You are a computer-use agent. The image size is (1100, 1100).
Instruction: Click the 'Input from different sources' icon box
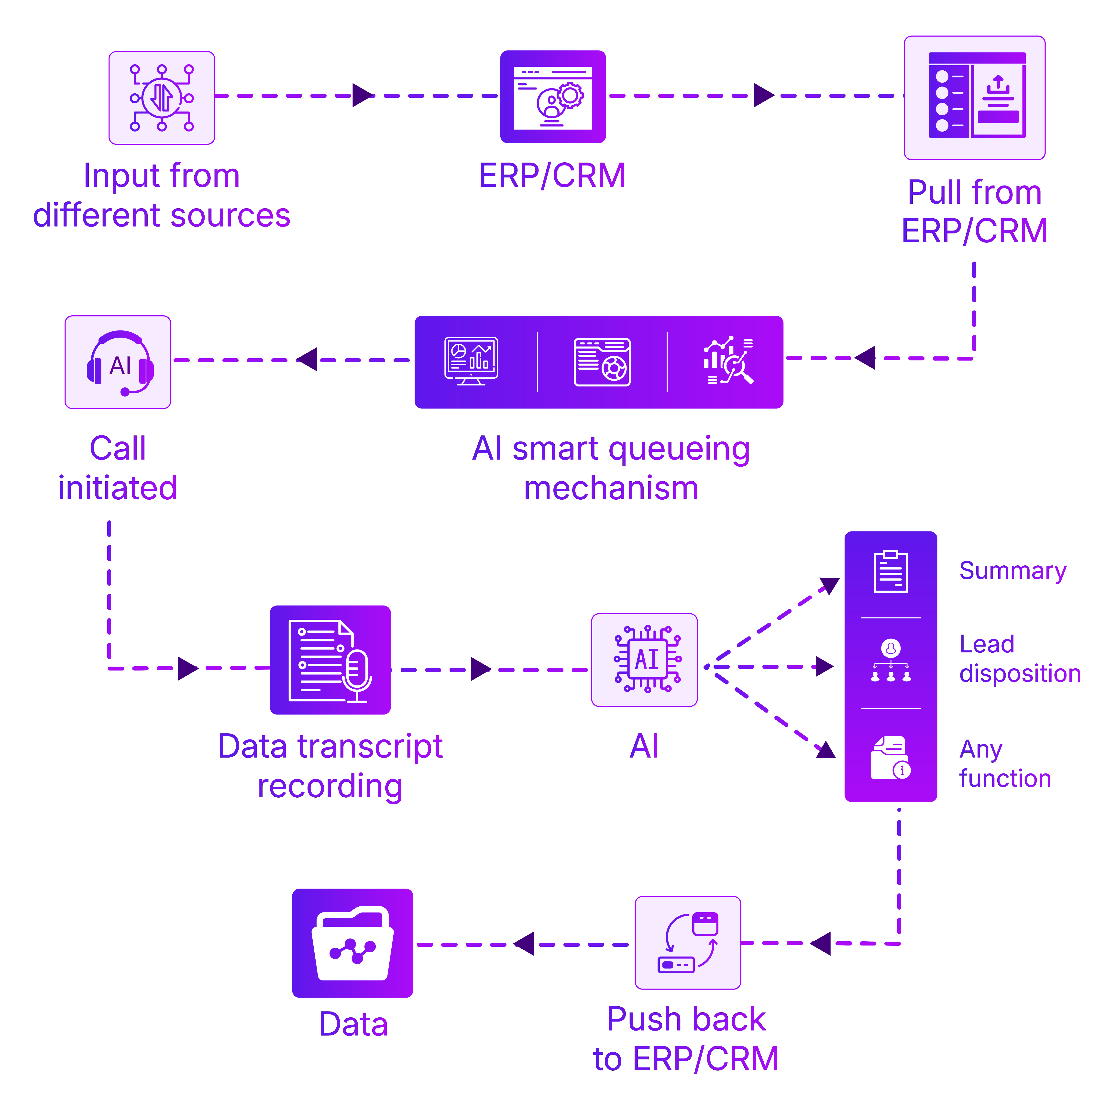pyautogui.click(x=162, y=98)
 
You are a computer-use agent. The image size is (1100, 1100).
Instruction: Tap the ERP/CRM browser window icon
pyautogui.click(x=553, y=97)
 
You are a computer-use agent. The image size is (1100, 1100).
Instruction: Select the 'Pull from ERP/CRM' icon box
pyautogui.click(x=975, y=98)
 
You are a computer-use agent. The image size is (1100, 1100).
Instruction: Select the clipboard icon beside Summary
pyautogui.click(x=891, y=572)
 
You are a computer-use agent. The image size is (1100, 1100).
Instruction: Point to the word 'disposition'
pyautogui.click(x=1020, y=674)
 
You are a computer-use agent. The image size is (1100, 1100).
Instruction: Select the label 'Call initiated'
pyautogui.click(x=118, y=468)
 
